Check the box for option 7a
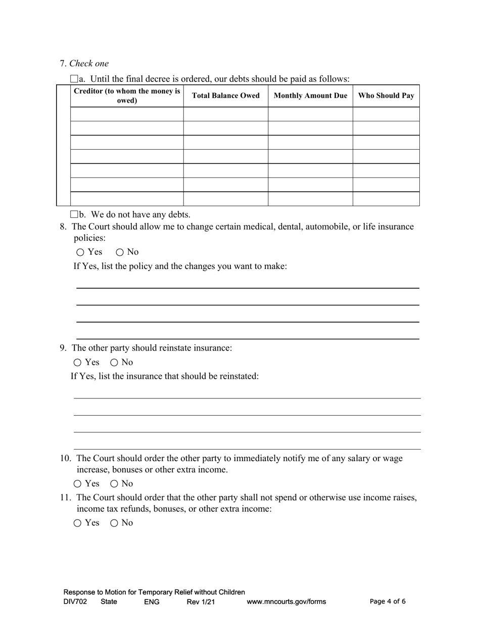74,79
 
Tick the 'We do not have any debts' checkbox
74,214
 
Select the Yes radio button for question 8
80,252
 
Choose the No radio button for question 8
120,252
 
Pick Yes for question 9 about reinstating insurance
77,363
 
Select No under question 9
114,363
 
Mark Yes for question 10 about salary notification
77,484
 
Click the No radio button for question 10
114,484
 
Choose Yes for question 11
77,523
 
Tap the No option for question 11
114,523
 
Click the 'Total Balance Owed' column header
225,96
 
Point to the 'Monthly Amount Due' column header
310,96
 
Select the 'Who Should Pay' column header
386,96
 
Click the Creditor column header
127,96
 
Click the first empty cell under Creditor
127,114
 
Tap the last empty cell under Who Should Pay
386,199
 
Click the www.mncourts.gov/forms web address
286,602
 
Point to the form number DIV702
75,602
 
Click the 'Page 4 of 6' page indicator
388,601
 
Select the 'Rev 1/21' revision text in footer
201,602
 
